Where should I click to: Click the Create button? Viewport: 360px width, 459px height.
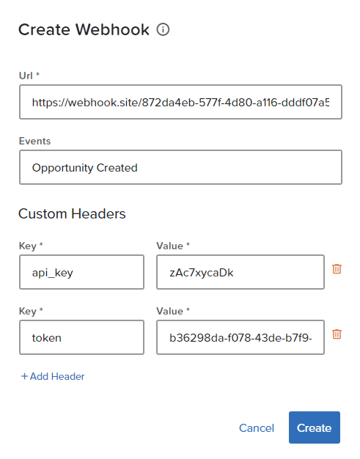tap(315, 427)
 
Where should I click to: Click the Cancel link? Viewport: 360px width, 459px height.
tap(257, 428)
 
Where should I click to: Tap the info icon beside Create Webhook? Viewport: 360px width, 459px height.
tap(163, 29)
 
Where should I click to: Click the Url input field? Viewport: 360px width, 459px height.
tap(180, 102)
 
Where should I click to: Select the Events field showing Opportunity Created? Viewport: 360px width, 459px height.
tap(180, 167)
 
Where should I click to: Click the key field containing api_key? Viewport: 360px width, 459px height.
tap(81, 272)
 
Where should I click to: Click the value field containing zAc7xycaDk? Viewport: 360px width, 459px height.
tap(240, 272)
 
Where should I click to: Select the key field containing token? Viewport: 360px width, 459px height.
tap(81, 337)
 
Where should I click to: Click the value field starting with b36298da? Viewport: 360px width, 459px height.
tap(240, 337)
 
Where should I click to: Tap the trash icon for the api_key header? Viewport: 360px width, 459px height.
tap(337, 268)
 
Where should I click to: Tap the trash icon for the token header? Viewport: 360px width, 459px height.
tap(337, 334)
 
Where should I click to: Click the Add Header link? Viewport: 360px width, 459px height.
tap(53, 376)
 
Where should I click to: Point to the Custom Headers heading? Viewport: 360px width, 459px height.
tap(72, 213)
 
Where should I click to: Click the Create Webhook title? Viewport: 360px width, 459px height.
tap(84, 29)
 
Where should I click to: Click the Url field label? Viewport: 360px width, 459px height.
tap(26, 76)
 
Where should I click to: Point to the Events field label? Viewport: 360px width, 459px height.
tap(35, 141)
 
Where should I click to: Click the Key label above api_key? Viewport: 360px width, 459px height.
tap(28, 246)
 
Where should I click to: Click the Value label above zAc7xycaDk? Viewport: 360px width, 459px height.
tap(170, 246)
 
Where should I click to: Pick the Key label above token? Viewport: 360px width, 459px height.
tap(28, 311)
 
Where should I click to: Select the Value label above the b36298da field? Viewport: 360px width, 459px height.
tap(170, 311)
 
